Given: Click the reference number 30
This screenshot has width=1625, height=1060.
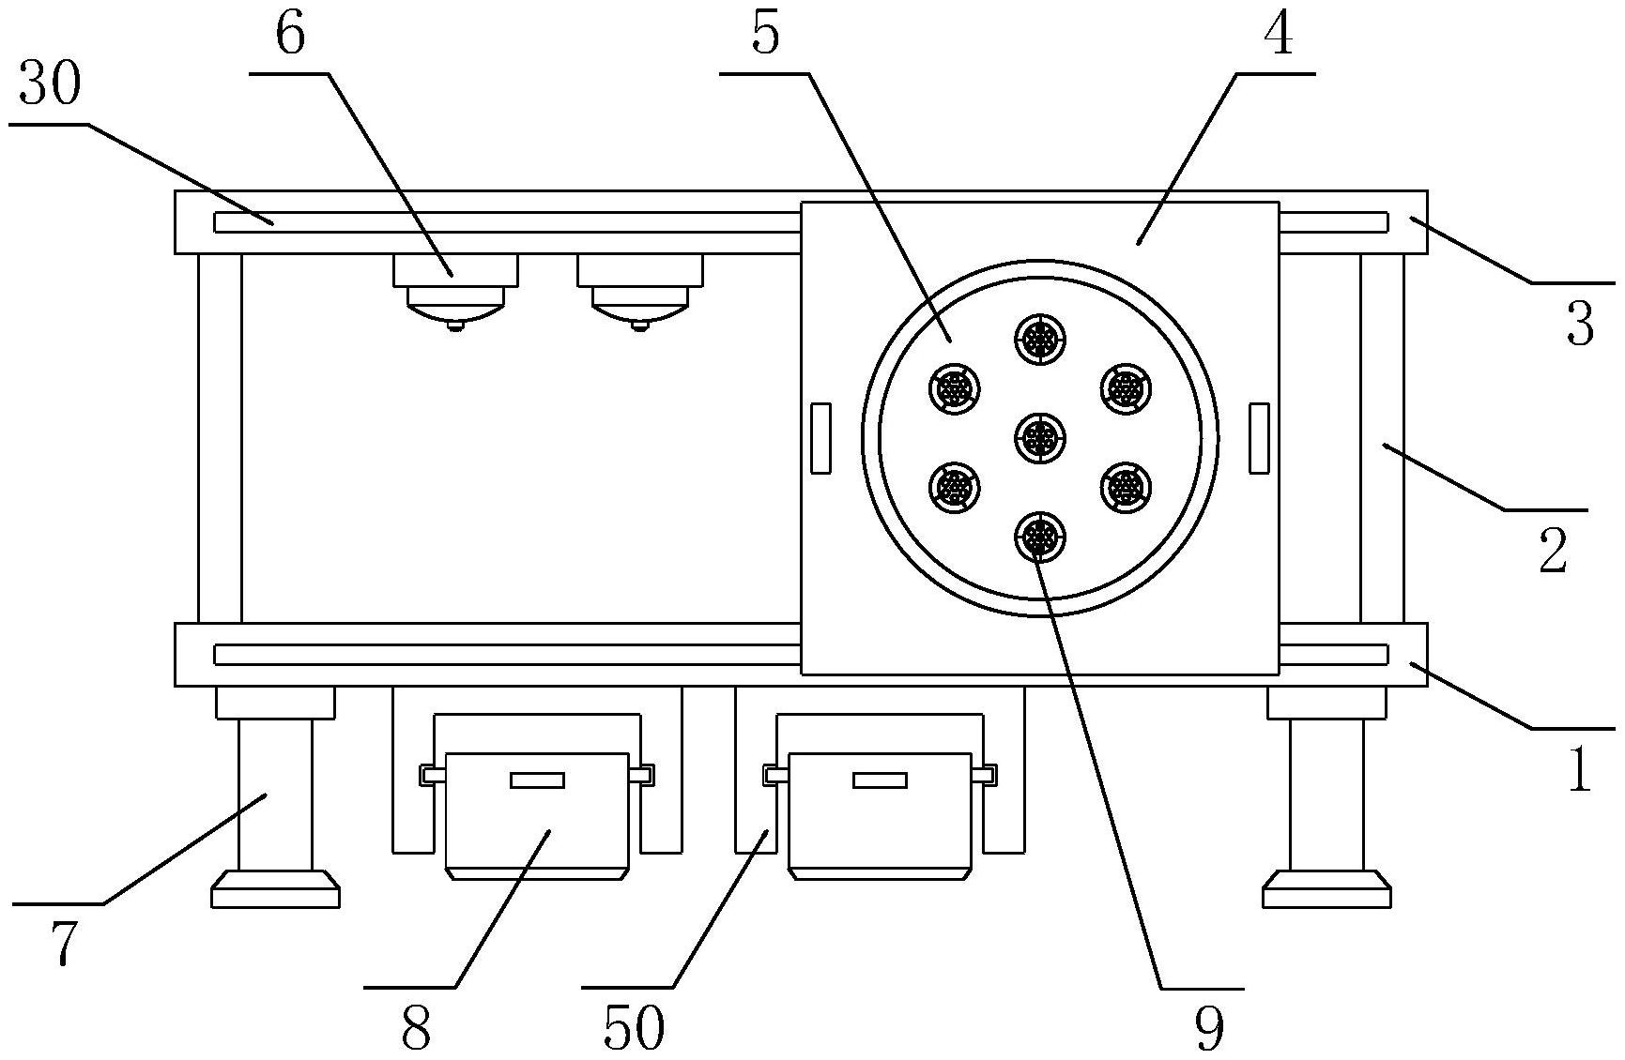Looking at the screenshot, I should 51,86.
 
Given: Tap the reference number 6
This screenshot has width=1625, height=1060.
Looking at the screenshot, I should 290,36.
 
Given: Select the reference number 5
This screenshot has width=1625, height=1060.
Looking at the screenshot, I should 765,36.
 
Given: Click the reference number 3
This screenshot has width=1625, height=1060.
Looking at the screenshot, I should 1580,325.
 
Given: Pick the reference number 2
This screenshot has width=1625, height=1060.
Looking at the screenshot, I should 1554,551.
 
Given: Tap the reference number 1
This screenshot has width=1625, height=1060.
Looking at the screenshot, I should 1580,771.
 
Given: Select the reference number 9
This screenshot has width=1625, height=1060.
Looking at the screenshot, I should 1210,1028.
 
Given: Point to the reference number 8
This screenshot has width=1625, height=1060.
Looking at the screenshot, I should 416,1028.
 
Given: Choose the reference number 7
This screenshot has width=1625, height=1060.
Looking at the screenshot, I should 62,944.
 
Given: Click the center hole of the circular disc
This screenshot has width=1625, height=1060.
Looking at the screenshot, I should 1040,436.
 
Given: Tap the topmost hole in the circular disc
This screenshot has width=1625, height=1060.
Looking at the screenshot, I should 1040,337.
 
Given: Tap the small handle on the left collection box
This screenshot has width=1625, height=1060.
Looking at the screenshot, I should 537,780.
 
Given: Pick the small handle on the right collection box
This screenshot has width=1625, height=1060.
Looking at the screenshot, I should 880,780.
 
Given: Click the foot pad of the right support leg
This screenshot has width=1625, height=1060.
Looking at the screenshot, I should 1326,890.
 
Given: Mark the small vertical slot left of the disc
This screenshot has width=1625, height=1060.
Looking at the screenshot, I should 820,438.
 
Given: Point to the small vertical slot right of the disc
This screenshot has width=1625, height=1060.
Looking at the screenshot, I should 1259,438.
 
